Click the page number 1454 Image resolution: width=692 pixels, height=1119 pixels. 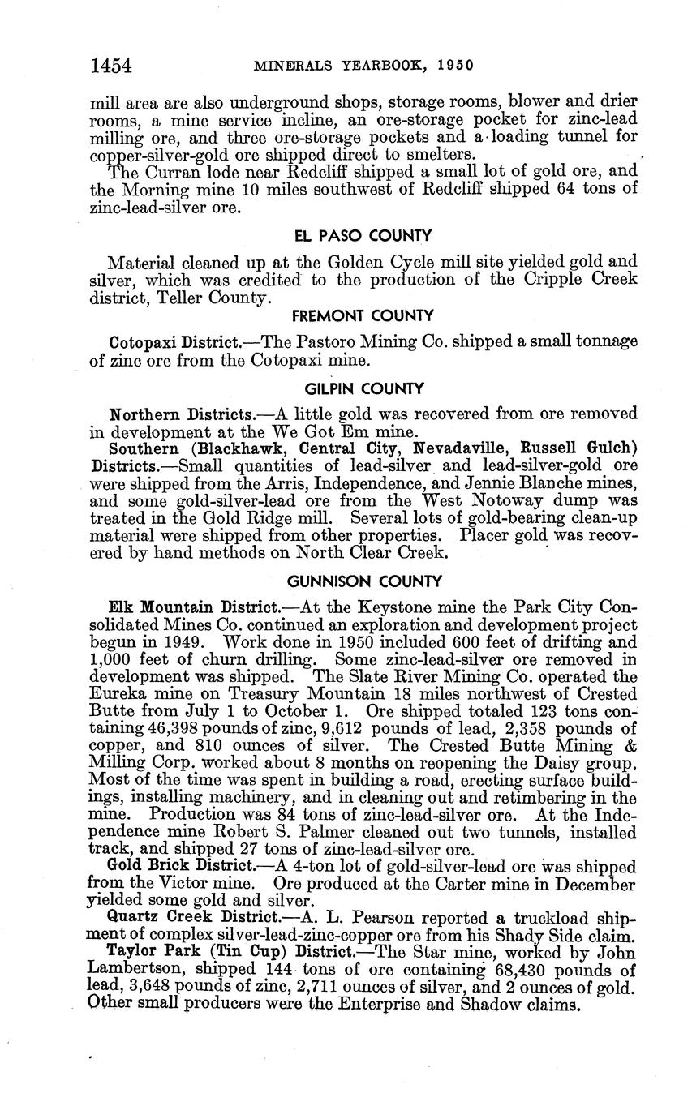(x=111, y=66)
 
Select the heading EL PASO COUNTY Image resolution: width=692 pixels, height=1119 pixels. (x=363, y=236)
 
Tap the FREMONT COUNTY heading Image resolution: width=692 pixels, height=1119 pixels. (x=363, y=315)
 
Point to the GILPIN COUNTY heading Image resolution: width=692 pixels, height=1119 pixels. (x=363, y=389)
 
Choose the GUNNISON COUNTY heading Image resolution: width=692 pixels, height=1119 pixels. (x=364, y=581)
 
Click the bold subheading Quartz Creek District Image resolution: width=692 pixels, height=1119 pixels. (x=187, y=919)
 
